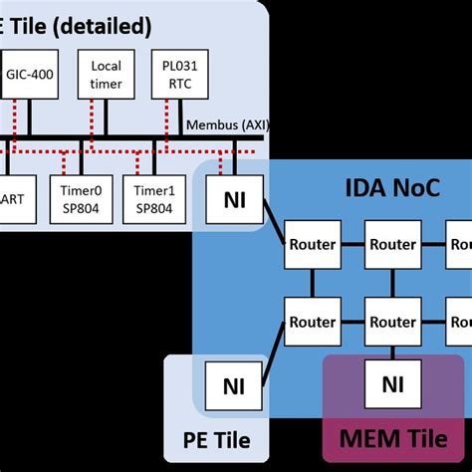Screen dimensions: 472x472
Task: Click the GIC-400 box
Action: click(x=31, y=75)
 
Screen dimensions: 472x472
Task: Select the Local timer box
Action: click(x=106, y=75)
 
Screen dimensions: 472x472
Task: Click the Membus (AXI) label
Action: click(x=228, y=124)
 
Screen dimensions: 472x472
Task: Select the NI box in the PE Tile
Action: click(x=232, y=385)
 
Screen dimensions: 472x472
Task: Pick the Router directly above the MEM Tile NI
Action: click(x=391, y=323)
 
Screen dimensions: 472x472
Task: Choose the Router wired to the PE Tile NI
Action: click(x=312, y=323)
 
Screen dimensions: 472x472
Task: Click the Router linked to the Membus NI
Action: click(x=312, y=244)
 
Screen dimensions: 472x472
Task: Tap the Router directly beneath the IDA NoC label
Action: click(x=391, y=244)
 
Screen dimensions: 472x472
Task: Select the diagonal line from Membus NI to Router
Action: click(x=273, y=221)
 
